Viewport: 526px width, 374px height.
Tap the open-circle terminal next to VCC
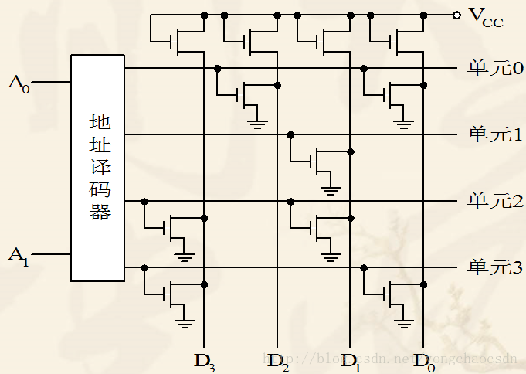457,15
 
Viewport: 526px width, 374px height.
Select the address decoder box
97,168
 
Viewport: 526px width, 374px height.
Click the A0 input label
19,83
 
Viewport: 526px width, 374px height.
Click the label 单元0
495,68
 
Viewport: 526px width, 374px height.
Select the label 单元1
495,134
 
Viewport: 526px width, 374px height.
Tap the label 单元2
495,201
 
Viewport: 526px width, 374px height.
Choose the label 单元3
495,267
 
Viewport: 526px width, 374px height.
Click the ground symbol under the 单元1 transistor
331,188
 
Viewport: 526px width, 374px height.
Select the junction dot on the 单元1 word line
290,134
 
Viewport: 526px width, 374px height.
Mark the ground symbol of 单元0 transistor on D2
257,121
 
